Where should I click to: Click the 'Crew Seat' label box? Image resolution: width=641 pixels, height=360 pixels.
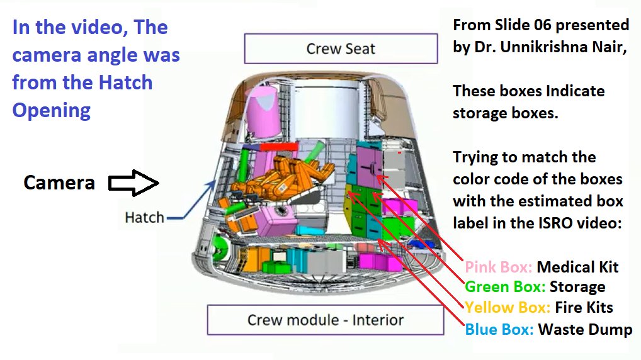341,49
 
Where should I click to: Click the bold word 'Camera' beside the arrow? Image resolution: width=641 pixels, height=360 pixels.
59,183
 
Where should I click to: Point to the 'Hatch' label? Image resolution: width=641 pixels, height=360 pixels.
144,218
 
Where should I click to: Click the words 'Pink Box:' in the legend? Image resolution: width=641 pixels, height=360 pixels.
498,267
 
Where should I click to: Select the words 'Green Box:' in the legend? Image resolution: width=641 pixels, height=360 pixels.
504,287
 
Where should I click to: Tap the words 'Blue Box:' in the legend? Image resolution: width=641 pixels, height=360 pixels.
499,329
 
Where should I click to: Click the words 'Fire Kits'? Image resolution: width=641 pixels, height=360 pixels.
584,308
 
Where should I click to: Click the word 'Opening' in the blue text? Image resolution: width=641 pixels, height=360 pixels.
52,110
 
